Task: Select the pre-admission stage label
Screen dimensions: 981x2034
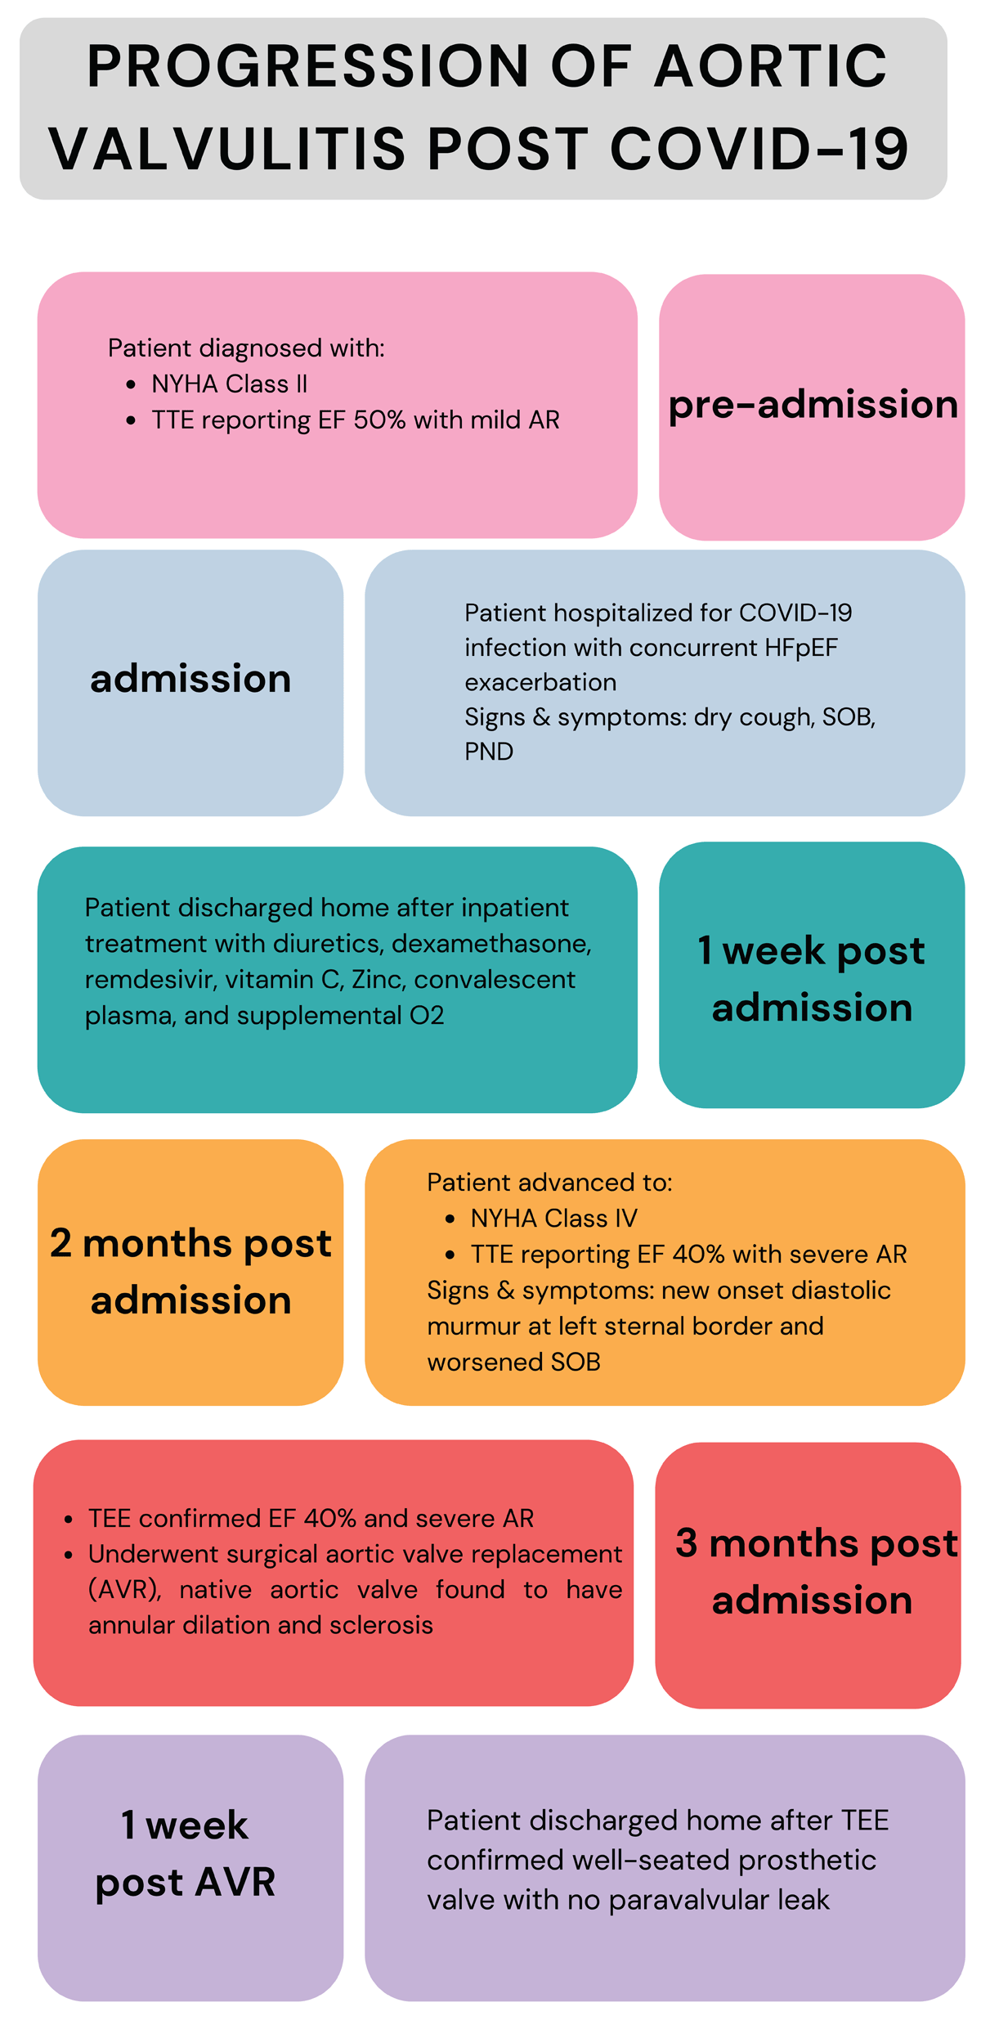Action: (x=813, y=406)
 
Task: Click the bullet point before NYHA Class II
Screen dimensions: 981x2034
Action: (x=131, y=384)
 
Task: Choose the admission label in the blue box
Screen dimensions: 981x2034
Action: (x=190, y=679)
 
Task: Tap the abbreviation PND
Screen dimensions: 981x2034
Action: (x=489, y=751)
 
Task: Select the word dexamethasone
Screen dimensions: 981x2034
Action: (x=491, y=943)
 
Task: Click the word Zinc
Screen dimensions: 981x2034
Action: (x=375, y=979)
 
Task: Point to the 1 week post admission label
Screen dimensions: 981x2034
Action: (x=812, y=978)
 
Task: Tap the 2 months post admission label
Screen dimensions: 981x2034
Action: (x=190, y=1271)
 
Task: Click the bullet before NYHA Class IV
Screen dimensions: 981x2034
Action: (x=450, y=1219)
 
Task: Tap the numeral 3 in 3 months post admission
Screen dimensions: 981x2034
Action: (x=687, y=1542)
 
